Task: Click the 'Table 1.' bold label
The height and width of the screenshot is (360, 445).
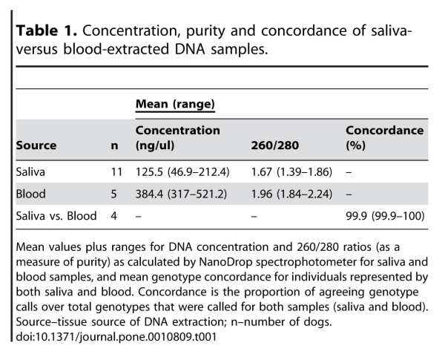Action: click(x=46, y=30)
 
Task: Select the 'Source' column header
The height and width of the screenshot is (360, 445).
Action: click(x=36, y=145)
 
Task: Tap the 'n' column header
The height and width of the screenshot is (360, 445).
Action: click(x=114, y=145)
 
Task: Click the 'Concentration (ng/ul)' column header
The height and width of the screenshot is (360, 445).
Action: click(x=178, y=138)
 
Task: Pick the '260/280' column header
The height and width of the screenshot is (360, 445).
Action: click(x=274, y=145)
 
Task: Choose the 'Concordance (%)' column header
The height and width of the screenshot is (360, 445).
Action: click(x=384, y=138)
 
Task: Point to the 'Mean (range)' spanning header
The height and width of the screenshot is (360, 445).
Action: click(x=175, y=104)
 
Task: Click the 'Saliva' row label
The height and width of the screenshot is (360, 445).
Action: click(x=30, y=172)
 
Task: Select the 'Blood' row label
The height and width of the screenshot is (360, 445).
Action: click(x=30, y=194)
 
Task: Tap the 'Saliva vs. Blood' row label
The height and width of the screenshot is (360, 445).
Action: click(x=56, y=216)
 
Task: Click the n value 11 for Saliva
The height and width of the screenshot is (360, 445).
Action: click(x=116, y=172)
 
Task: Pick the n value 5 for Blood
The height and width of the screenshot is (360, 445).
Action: click(x=113, y=194)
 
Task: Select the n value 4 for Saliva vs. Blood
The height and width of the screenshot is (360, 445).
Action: click(x=113, y=216)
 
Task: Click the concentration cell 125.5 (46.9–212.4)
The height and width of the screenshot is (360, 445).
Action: click(x=182, y=172)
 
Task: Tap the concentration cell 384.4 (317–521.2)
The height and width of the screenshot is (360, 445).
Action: click(x=181, y=194)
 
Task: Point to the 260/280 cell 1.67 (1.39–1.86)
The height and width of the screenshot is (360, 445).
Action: click(x=291, y=172)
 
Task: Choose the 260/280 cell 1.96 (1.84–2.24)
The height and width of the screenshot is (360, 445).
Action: click(x=291, y=194)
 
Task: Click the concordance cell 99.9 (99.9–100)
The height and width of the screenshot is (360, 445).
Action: click(x=385, y=216)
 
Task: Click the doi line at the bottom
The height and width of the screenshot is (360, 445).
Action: click(x=116, y=337)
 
